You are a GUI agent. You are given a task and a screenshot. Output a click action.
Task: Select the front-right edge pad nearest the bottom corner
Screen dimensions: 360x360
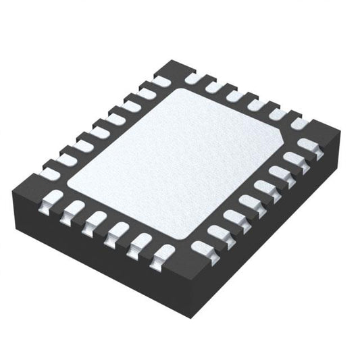tap(201, 247)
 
